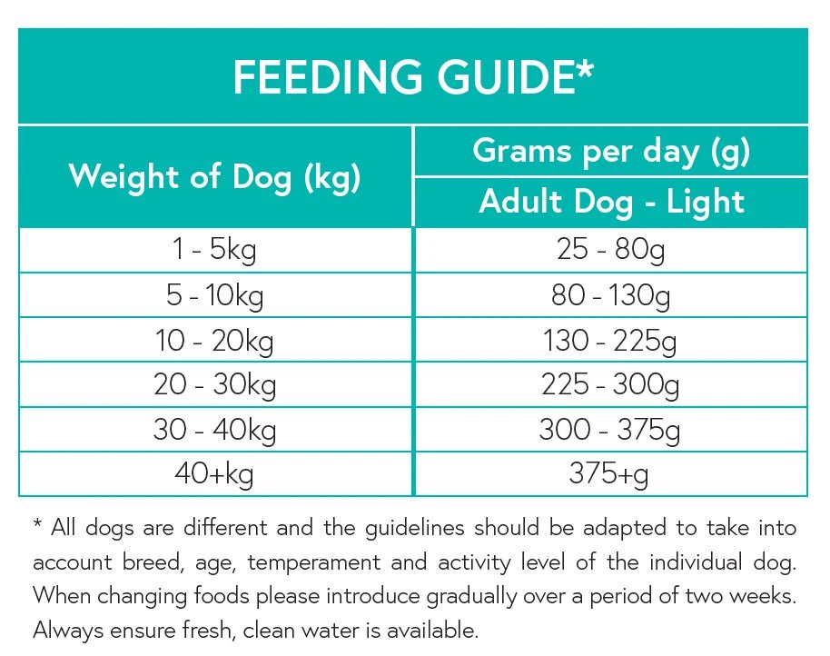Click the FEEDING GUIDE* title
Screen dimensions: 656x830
pyautogui.click(x=413, y=78)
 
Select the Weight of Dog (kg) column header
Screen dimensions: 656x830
pyautogui.click(x=214, y=176)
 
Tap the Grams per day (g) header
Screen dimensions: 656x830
pyautogui.click(x=611, y=151)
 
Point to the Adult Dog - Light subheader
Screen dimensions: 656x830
pyautogui.click(x=611, y=202)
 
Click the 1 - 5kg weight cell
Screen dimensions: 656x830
pyautogui.click(x=214, y=249)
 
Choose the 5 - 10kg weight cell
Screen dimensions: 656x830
pyautogui.click(x=214, y=295)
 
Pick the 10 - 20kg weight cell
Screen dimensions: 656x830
pyautogui.click(x=214, y=341)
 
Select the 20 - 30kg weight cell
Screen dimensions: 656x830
pyautogui.click(x=214, y=385)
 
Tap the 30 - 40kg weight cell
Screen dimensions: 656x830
pyautogui.click(x=214, y=429)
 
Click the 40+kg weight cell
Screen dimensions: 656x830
pyautogui.click(x=214, y=473)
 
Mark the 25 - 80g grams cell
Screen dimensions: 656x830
pyautogui.click(x=611, y=249)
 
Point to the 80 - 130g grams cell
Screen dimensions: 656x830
pyautogui.click(x=611, y=295)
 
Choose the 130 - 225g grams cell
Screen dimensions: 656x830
pyautogui.click(x=611, y=341)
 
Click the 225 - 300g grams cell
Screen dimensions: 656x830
pyautogui.click(x=611, y=385)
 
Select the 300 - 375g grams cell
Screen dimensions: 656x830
pyautogui.click(x=611, y=429)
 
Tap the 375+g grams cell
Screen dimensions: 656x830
pyautogui.click(x=611, y=473)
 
